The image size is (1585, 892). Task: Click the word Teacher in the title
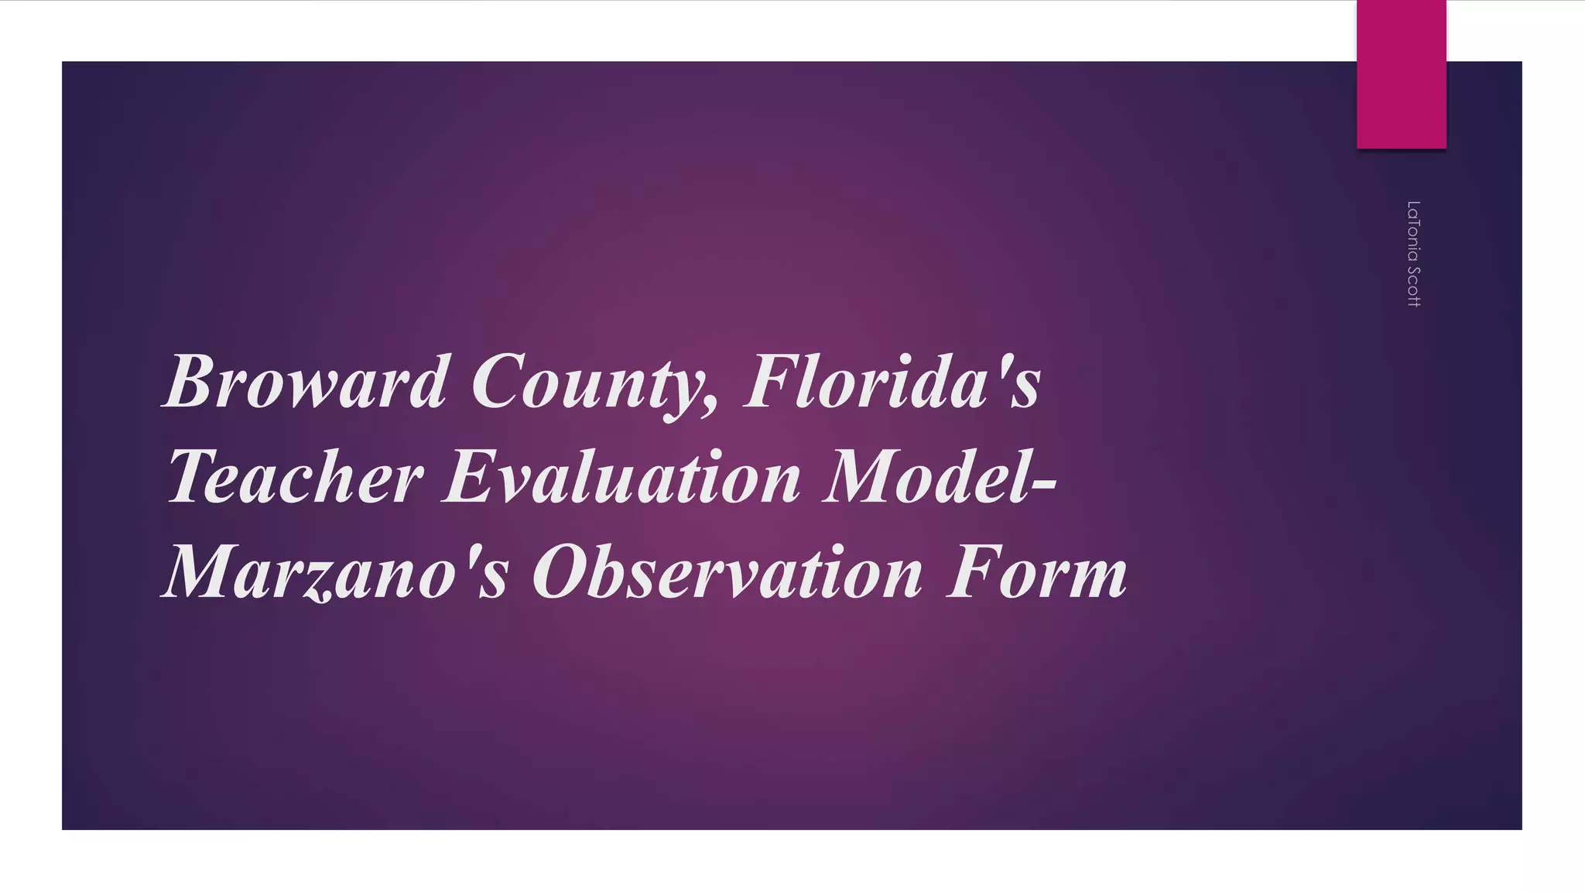[x=295, y=477]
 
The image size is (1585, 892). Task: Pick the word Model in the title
[x=929, y=477]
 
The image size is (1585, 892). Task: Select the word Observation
[x=727, y=573]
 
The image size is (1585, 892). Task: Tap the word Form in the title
[x=1037, y=573]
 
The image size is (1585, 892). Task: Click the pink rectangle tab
[x=1401, y=74]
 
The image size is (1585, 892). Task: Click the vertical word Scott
[x=1413, y=286]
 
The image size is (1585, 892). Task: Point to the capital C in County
[x=495, y=382]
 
